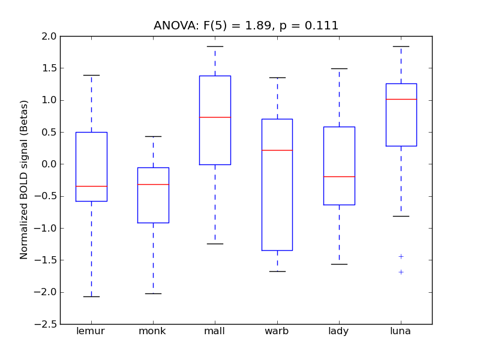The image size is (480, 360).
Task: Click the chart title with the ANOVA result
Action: tap(246, 26)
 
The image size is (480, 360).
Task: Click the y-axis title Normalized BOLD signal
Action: tap(24, 180)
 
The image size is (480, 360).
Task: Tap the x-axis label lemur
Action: tap(91, 331)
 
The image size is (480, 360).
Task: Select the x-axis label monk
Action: tap(152, 331)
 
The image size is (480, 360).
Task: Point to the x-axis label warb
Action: tap(277, 331)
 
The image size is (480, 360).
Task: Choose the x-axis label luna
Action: tap(401, 331)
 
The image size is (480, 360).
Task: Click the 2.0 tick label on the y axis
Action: tap(50, 37)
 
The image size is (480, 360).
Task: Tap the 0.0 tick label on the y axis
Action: tap(50, 164)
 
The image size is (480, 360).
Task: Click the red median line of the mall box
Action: tap(215, 117)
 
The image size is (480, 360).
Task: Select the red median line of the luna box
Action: tap(401, 99)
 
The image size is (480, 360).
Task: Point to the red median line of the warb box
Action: tap(277, 150)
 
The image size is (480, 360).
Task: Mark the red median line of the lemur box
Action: tap(91, 186)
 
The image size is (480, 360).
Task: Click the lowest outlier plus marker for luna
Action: tap(401, 272)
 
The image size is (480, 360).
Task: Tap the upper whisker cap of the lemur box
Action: tap(91, 75)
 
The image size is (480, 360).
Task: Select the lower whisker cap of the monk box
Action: tap(153, 293)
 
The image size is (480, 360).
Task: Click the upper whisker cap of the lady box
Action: tap(339, 68)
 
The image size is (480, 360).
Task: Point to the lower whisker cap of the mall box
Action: tap(215, 244)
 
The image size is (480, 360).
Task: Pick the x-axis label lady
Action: tap(338, 331)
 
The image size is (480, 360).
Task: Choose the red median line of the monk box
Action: tap(153, 184)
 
